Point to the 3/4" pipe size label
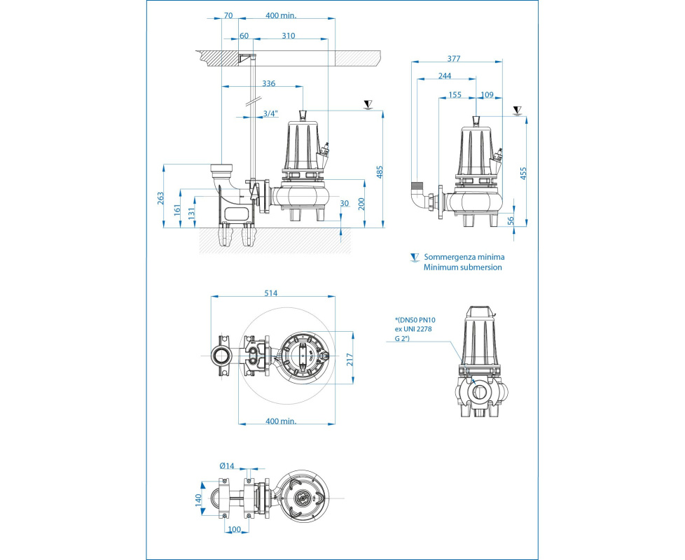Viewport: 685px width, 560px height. [x=270, y=113]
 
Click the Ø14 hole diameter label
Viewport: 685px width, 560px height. [x=226, y=465]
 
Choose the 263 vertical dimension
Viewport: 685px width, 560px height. [x=160, y=198]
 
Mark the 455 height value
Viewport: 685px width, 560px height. [x=524, y=173]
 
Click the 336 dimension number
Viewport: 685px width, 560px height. [x=268, y=83]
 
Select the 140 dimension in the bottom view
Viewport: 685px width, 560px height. [x=198, y=500]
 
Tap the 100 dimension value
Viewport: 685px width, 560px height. [x=235, y=529]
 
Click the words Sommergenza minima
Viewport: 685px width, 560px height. [x=464, y=257]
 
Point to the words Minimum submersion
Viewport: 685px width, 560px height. [x=462, y=267]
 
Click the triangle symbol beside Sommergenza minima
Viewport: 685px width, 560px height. [x=415, y=258]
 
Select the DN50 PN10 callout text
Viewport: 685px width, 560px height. [x=415, y=319]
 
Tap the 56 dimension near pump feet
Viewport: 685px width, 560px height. [x=511, y=220]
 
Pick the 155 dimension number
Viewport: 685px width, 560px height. [x=455, y=94]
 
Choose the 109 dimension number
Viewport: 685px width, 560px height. [x=487, y=94]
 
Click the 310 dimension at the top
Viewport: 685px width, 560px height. [x=288, y=36]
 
